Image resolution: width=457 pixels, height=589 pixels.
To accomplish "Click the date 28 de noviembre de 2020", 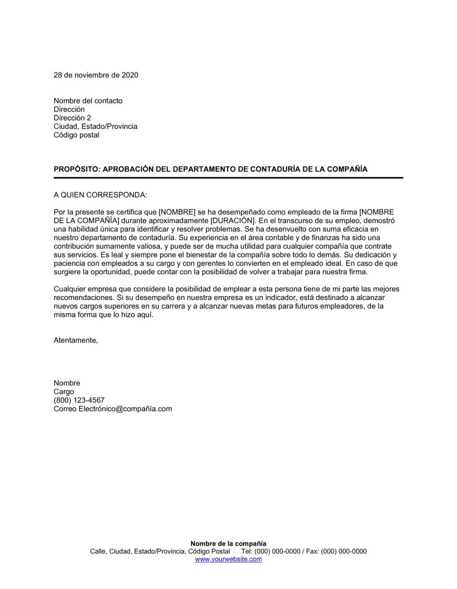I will tap(96, 75).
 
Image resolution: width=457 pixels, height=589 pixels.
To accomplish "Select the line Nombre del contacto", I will tap(88, 101).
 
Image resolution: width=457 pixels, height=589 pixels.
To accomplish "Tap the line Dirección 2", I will tap(72, 118).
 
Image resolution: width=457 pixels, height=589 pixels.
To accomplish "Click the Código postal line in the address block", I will tap(76, 135).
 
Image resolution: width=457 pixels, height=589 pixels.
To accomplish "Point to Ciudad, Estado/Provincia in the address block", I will tap(96, 126).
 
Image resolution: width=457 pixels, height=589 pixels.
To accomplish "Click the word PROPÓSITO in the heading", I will tap(76, 169).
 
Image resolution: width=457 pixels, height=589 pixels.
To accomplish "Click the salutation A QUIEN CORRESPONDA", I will tap(100, 195).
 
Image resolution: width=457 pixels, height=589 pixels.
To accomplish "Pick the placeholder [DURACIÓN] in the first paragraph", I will tap(232, 221).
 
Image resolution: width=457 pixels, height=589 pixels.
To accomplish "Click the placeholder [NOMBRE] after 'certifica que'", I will tap(177, 212).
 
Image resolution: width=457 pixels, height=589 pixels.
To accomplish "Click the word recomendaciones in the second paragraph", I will tap(80, 298).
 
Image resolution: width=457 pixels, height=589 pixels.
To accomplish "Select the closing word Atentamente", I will tap(75, 340).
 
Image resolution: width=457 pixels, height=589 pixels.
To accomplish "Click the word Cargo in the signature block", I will tap(64, 392).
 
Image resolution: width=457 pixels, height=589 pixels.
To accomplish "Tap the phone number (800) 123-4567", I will tap(79, 400).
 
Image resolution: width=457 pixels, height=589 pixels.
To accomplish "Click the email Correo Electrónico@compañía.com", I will tap(113, 409).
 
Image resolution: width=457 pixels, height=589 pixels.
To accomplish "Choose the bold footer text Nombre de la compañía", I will tap(228, 544).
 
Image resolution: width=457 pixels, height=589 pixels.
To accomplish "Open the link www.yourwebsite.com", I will tap(228, 559).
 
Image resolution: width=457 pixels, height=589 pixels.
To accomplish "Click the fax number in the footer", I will tap(344, 552).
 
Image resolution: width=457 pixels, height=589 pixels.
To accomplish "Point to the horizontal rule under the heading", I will tap(228, 178).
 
